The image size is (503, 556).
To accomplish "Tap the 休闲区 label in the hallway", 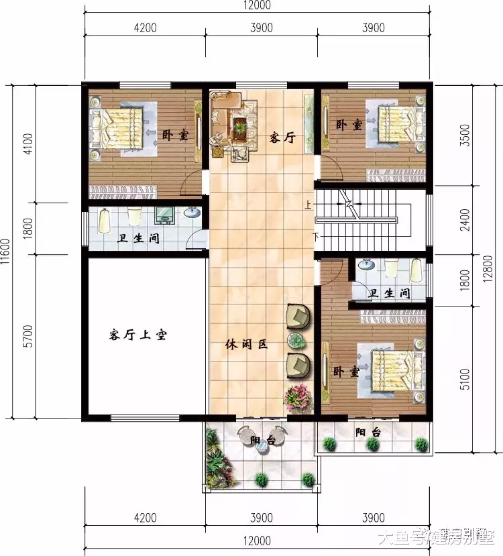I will pyautogui.click(x=245, y=345).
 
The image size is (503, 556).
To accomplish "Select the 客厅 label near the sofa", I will pyautogui.click(x=282, y=137).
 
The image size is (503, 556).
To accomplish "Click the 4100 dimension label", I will pyautogui.click(x=27, y=144).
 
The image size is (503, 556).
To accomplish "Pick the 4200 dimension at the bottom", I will pyautogui.click(x=145, y=517).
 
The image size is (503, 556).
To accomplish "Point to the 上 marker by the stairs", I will pyautogui.click(x=308, y=205).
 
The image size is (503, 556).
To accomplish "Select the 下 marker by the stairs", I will pyautogui.click(x=315, y=236).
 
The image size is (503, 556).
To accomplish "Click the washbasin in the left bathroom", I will pyautogui.click(x=192, y=213).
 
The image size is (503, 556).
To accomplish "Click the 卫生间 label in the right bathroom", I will pyautogui.click(x=389, y=293).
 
